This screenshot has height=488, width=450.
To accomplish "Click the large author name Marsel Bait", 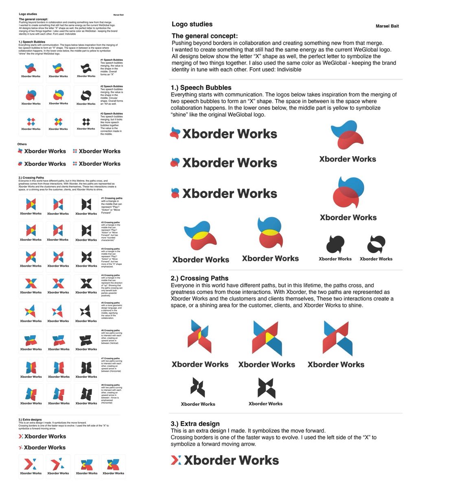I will click(387, 26).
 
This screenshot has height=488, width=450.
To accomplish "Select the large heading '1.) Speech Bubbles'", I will click(201, 87).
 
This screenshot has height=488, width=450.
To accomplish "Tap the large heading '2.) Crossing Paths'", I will click(199, 278).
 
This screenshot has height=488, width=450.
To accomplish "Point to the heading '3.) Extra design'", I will click(195, 424).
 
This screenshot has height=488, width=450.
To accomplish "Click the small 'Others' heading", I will click(22, 144).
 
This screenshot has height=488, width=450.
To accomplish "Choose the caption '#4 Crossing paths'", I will click(112, 275).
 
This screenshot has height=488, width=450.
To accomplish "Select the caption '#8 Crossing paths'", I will click(112, 385).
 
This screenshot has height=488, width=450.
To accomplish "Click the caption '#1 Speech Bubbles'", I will click(111, 60).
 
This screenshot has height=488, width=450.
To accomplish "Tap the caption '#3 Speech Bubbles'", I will click(111, 113).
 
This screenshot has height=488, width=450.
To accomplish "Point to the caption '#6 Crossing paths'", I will click(112, 330).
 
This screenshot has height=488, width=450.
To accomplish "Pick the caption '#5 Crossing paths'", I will click(112, 303).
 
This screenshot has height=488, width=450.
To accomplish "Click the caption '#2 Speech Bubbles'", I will click(111, 86).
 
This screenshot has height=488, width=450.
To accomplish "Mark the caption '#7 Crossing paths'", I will click(112, 358).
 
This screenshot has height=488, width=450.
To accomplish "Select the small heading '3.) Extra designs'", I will click(30, 419).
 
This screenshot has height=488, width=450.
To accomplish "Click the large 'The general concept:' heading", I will click(205, 36).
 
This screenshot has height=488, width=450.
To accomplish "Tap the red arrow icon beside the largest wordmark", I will click(176, 460).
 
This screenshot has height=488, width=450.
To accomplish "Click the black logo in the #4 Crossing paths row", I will click(86, 283).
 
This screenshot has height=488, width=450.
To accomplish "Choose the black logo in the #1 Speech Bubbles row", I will click(86, 68).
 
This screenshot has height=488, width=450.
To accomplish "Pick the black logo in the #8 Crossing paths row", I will click(86, 394).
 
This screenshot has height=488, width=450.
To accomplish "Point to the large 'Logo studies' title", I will click(192, 24).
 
